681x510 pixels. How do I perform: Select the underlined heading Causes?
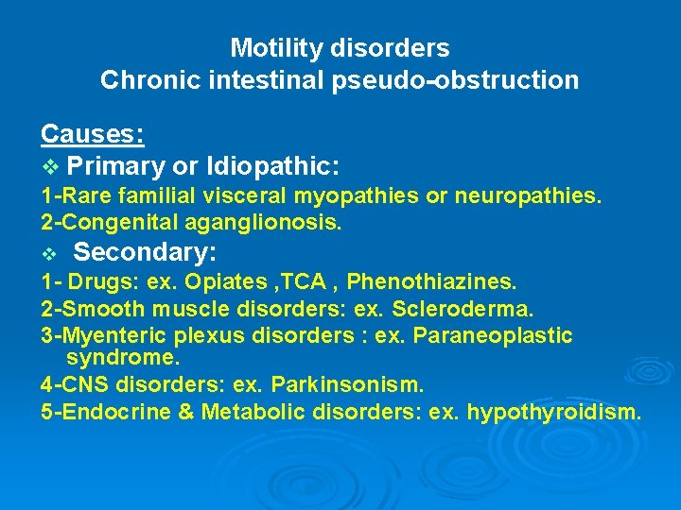click(93, 134)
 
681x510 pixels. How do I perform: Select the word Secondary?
click(146, 253)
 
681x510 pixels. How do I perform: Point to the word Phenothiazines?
click(432, 282)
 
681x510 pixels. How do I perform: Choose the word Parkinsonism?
click(347, 385)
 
